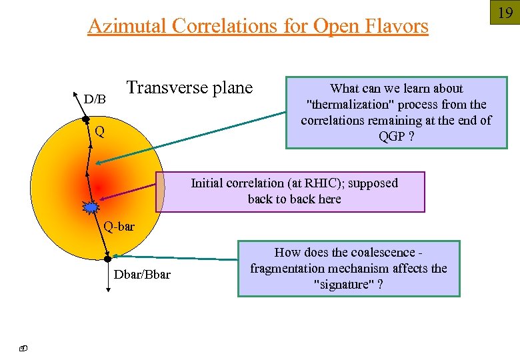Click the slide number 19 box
[x=505, y=12]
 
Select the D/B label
[x=95, y=99]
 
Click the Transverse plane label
[x=190, y=88]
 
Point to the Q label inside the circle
[x=99, y=131]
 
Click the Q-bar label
[x=119, y=227]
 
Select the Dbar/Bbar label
[x=142, y=275]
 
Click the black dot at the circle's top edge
[x=85, y=120]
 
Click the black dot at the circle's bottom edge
[x=107, y=257]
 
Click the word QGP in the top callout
[x=391, y=137]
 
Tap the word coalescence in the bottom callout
[x=381, y=252]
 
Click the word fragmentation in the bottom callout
[x=286, y=268]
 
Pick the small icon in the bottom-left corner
[x=22, y=347]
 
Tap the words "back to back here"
[x=294, y=199]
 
